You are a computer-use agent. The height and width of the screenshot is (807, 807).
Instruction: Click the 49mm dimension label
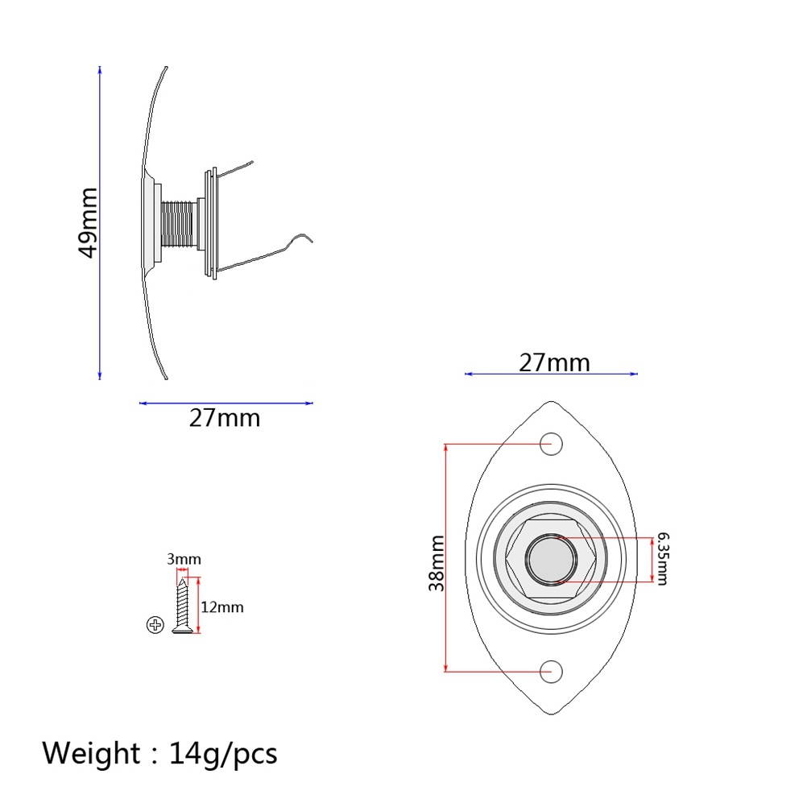88,222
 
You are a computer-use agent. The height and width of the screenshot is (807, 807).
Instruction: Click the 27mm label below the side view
225,419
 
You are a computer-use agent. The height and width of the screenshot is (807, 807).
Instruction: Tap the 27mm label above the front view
554,362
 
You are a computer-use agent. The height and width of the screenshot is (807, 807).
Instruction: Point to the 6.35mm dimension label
661,558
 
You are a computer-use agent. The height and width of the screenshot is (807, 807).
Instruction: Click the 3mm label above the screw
184,559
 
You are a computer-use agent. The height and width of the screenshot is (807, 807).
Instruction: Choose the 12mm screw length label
221,607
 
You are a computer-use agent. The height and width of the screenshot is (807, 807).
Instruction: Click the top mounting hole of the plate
551,442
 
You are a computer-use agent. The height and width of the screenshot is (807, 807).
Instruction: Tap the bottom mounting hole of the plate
551,670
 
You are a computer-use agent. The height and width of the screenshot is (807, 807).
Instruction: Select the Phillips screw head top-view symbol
155,625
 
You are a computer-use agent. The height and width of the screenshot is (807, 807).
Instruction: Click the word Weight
90,754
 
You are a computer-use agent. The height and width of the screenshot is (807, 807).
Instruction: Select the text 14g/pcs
223,754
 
